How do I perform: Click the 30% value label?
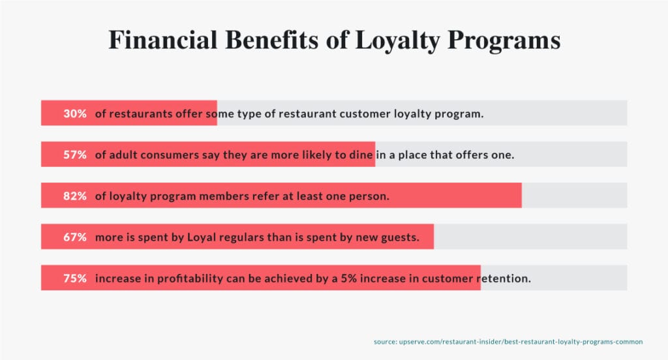pyautogui.click(x=75, y=113)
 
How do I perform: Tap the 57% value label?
pyautogui.click(x=75, y=155)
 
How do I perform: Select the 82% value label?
pyautogui.click(x=75, y=196)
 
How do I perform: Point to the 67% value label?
pyautogui.click(x=75, y=237)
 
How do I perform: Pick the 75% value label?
pyautogui.click(x=75, y=278)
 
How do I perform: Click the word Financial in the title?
pyautogui.click(x=163, y=40)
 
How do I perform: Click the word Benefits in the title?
pyautogui.click(x=272, y=40)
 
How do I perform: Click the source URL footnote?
pyautogui.click(x=508, y=342)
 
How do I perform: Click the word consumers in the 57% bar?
pyautogui.click(x=170, y=155)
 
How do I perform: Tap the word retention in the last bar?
pyautogui.click(x=504, y=278)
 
